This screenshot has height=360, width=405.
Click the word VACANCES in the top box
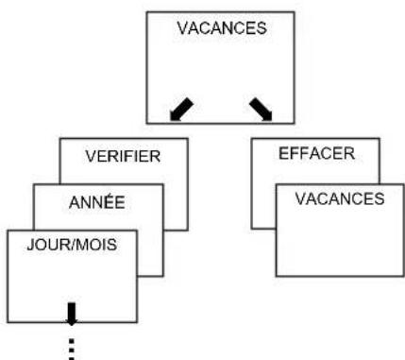pyautogui.click(x=222, y=28)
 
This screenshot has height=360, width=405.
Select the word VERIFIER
pyautogui.click(x=123, y=156)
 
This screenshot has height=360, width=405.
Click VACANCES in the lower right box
pyautogui.click(x=340, y=198)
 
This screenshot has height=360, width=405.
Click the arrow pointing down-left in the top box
pyautogui.click(x=181, y=109)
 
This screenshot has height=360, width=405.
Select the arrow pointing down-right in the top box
pyautogui.click(x=261, y=109)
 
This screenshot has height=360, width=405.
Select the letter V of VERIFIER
pyautogui.click(x=90, y=156)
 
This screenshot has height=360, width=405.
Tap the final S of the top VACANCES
pyautogui.click(x=262, y=28)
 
